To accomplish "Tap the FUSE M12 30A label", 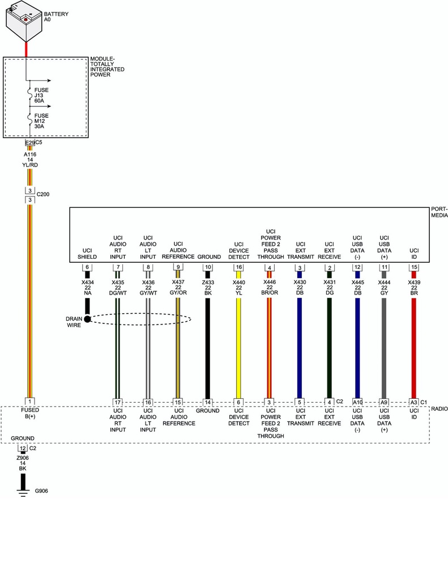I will pos(41,122).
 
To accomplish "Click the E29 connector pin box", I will pos(30,142).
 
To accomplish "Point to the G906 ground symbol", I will pos(24,491).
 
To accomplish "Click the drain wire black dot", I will pos(87,319).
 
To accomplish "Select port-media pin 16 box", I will pos(238,267).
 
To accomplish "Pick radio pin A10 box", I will pos(357,402).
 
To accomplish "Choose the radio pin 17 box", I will pos(117,402).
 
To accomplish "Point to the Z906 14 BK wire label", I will pos(23,463).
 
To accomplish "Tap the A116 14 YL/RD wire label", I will pos(30,160).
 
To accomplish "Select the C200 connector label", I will pos(43,194).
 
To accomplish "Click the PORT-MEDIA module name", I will pos(439,212).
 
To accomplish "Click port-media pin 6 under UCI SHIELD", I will pos(87,267).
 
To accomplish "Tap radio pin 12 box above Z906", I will pos(23,448).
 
